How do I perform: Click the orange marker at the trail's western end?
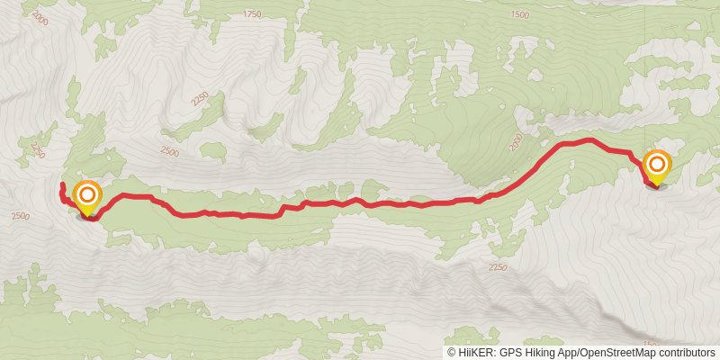(x=88, y=196)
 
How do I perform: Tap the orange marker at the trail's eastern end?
(x=657, y=165)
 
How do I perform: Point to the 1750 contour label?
(x=252, y=13)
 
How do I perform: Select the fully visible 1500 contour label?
(x=520, y=14)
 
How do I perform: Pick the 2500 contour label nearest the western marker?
(x=21, y=216)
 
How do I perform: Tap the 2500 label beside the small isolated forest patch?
(x=167, y=154)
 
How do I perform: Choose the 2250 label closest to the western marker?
(x=37, y=148)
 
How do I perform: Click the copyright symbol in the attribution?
(x=452, y=352)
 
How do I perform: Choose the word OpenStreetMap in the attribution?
(x=616, y=352)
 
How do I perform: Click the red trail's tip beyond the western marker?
(x=61, y=185)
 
